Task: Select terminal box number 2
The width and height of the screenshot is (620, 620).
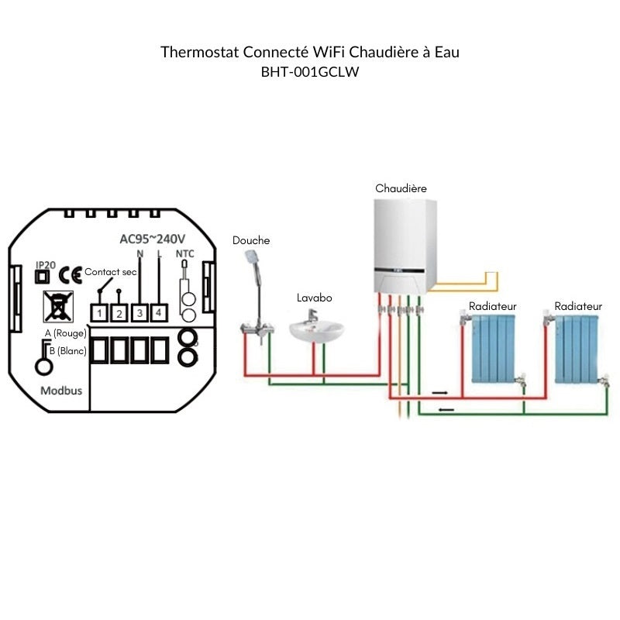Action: click(x=119, y=313)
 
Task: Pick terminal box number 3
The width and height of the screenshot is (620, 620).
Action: click(x=139, y=313)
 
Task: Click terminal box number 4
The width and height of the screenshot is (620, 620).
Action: click(x=159, y=313)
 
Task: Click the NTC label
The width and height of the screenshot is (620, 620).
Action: click(x=185, y=253)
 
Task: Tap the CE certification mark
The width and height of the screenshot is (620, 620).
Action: click(x=71, y=274)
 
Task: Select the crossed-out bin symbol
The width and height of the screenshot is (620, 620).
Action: click(x=57, y=307)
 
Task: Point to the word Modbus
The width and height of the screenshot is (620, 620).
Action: click(x=60, y=391)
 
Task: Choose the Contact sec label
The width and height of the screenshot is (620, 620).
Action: click(x=110, y=272)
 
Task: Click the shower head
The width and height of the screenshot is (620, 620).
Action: click(x=253, y=257)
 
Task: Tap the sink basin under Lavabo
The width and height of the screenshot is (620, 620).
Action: click(x=317, y=331)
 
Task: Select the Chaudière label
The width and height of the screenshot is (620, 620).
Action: click(x=401, y=188)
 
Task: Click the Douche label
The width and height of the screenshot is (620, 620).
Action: click(x=251, y=240)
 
